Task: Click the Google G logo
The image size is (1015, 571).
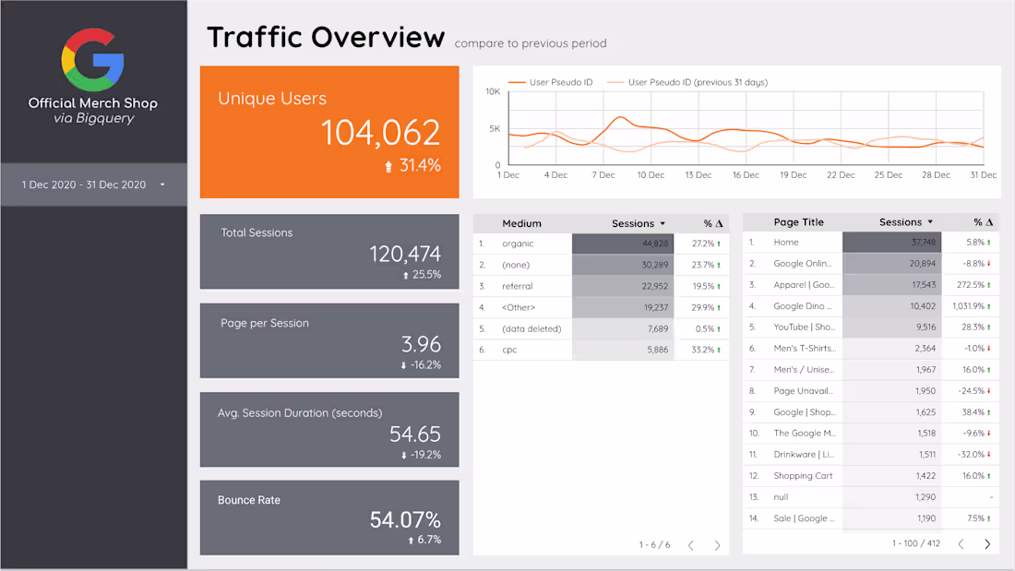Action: [x=92, y=59]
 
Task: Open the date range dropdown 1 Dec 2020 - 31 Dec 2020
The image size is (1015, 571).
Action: [x=93, y=184]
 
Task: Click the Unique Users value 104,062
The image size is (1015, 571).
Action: [x=380, y=133]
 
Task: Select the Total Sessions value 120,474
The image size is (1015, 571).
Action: [x=405, y=254]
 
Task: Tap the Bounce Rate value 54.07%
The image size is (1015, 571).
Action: [x=405, y=519]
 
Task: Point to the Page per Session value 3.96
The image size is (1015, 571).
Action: [x=421, y=344]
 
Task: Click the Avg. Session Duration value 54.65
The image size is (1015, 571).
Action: [x=414, y=434]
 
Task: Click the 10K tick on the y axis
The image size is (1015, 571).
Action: [x=493, y=91]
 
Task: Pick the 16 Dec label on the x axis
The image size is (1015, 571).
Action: [x=746, y=175]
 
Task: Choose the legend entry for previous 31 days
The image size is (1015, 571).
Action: [x=697, y=82]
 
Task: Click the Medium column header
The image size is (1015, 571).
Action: [x=521, y=223]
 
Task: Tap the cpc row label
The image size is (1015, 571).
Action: [x=510, y=350]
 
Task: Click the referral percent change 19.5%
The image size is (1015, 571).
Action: [x=707, y=286]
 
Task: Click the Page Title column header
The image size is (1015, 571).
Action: [x=798, y=222]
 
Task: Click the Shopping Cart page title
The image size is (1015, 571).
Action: [x=803, y=476]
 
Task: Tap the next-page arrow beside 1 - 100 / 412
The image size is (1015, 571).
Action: [x=987, y=544]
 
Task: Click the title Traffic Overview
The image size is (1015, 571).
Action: [x=325, y=37]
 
